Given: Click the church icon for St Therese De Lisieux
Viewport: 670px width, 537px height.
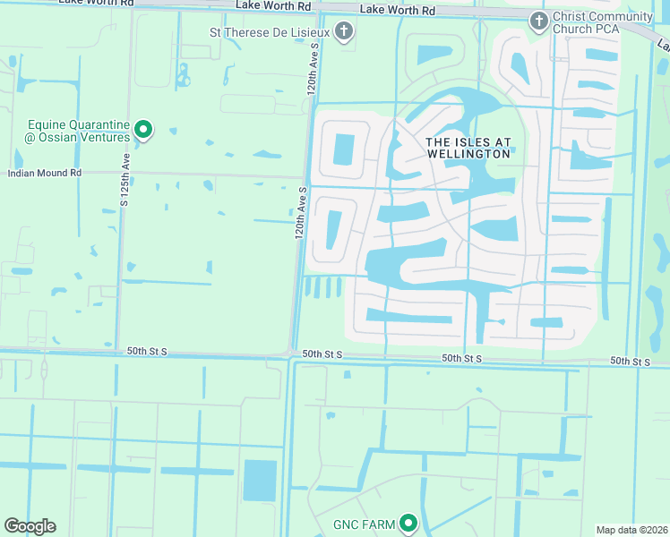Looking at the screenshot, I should point(343,33).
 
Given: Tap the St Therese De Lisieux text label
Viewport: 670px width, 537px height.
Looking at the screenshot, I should point(270,33).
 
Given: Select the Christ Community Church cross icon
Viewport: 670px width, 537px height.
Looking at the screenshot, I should point(538,21).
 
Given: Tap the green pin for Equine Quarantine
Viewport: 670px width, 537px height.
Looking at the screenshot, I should point(142,132).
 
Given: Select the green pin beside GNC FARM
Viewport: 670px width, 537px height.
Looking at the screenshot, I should point(409,523).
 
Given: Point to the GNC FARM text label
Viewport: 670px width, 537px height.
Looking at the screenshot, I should point(364,524).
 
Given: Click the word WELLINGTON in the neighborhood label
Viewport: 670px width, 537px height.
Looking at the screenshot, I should point(468,154).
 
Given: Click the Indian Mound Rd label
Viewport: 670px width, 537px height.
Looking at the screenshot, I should point(45,172).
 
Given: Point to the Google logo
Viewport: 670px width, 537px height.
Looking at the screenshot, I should point(30,526).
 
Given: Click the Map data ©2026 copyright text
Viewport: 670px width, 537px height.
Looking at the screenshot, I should point(631,530).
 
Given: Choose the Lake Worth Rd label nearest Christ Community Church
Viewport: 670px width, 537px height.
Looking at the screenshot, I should point(397,10).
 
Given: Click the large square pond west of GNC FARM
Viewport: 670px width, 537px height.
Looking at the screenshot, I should point(260,481).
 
